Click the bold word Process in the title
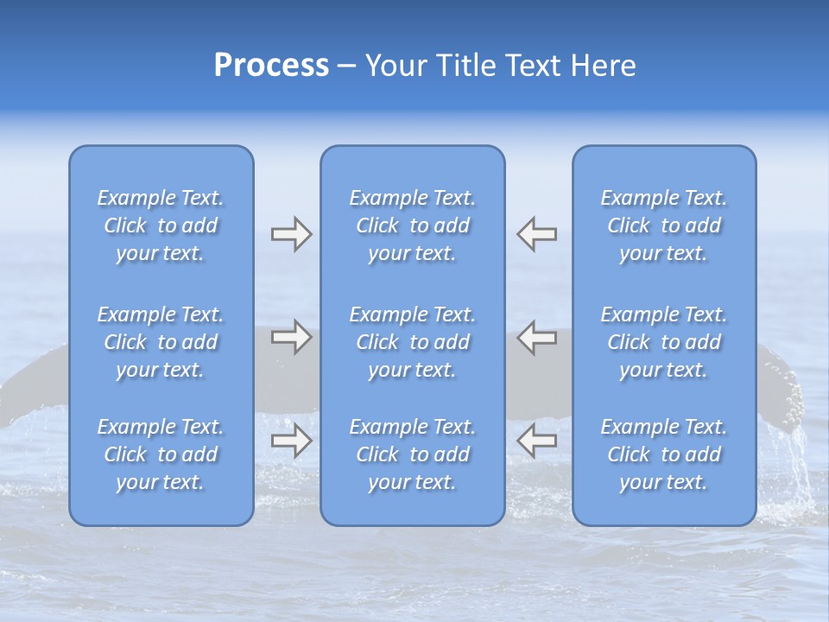pos(271,66)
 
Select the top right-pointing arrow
pos(291,234)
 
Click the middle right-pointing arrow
pos(291,337)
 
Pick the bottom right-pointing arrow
pos(291,441)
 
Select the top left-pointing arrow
pos(537,234)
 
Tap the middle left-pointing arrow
pos(537,337)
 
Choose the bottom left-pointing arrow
pos(537,441)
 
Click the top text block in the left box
pos(161,225)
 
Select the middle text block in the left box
pos(161,342)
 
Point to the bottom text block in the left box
pos(161,454)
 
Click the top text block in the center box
pos(412,225)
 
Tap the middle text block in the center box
pos(412,342)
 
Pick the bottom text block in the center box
pos(412,454)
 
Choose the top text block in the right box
pos(663,225)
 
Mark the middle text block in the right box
pos(663,342)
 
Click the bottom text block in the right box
pos(663,454)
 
